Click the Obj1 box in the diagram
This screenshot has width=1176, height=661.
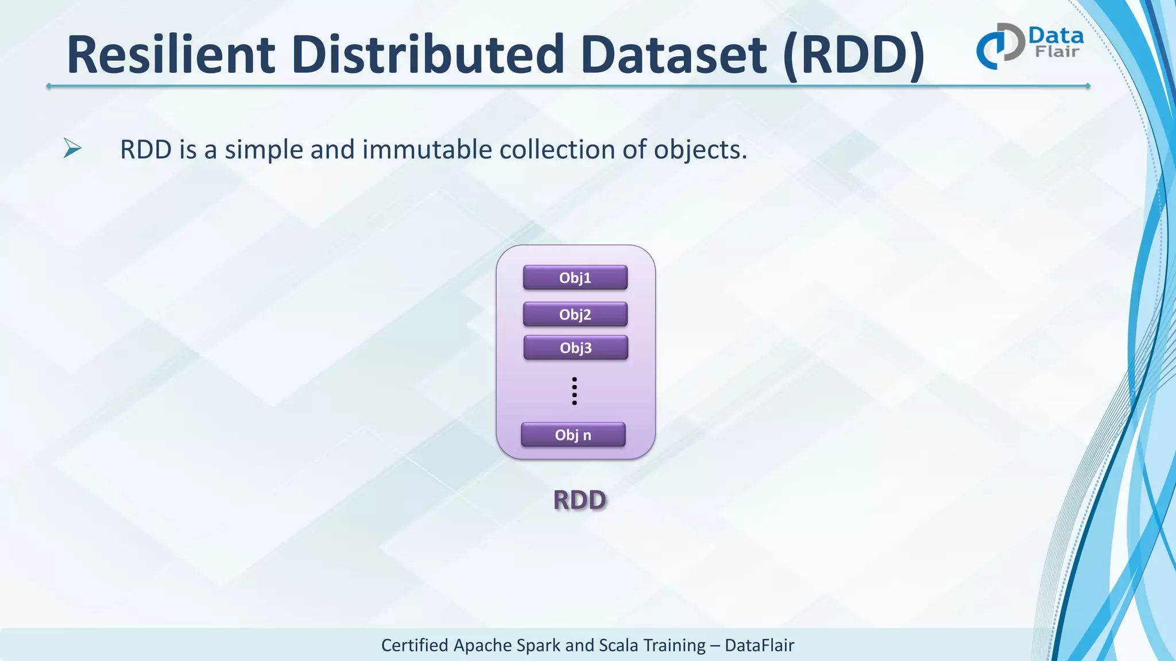click(575, 278)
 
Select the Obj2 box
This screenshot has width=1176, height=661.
click(575, 314)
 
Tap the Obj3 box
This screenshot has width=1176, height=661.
click(575, 348)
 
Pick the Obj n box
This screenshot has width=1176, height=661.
click(573, 435)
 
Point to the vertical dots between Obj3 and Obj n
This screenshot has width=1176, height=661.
click(574, 391)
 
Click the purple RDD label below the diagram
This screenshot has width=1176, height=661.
click(579, 500)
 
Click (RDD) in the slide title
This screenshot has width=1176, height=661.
click(854, 56)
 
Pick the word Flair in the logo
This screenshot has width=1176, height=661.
click(1057, 52)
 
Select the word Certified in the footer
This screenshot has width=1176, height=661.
click(415, 646)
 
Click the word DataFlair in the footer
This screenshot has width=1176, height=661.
click(759, 646)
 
